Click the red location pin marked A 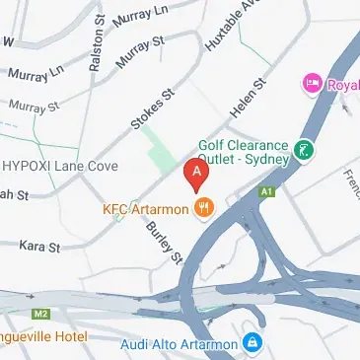click(196, 176)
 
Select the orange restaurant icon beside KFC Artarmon click(205, 208)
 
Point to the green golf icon click(306, 152)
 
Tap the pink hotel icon click(315, 83)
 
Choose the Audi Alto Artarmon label click(179, 344)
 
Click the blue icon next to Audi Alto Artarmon click(252, 344)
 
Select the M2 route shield click(40, 313)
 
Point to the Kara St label click(40, 244)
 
